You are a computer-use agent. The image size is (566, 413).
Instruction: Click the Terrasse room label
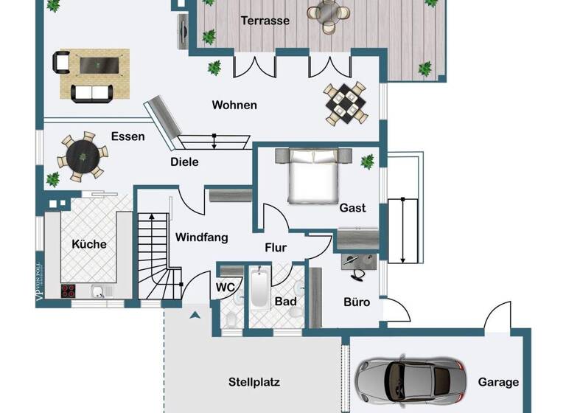(265, 21)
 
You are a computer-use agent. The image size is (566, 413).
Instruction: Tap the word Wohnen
(234, 105)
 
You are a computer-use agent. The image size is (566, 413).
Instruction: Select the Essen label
(127, 136)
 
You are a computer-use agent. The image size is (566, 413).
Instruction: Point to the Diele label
(184, 162)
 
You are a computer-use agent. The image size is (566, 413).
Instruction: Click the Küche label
(88, 244)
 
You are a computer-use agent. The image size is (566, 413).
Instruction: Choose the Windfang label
(201, 237)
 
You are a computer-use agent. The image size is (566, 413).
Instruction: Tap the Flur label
(276, 248)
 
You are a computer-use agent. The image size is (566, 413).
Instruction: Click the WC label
(225, 287)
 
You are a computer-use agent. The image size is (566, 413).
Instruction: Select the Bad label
(285, 302)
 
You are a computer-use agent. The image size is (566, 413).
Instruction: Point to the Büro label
(357, 302)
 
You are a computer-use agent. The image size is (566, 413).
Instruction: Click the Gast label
(352, 208)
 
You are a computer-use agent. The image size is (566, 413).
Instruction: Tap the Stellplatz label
(254, 382)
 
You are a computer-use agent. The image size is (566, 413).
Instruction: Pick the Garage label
(498, 382)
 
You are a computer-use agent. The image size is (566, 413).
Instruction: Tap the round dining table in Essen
(80, 156)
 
